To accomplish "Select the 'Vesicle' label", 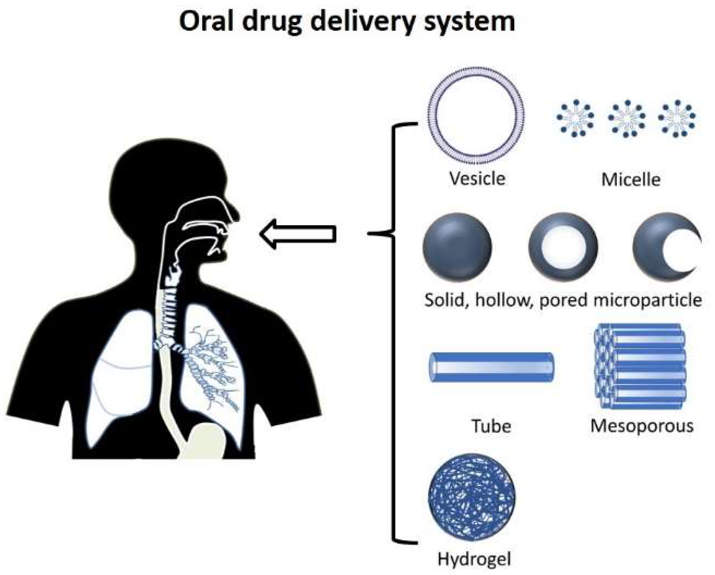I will pos(477,178).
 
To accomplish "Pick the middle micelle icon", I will pos(626,119).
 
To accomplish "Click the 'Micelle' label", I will pos(630,179).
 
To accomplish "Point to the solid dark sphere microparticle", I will pos(457,246).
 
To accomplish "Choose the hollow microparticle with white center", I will pos(563,246).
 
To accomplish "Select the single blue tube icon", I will pos(491,367).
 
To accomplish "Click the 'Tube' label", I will pos(491,426).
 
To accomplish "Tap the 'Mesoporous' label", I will pos(642,426).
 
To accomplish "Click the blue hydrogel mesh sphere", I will pos(471,497).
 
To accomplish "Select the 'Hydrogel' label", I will pos(474,559).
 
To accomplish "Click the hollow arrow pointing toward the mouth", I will pos(298,234).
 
